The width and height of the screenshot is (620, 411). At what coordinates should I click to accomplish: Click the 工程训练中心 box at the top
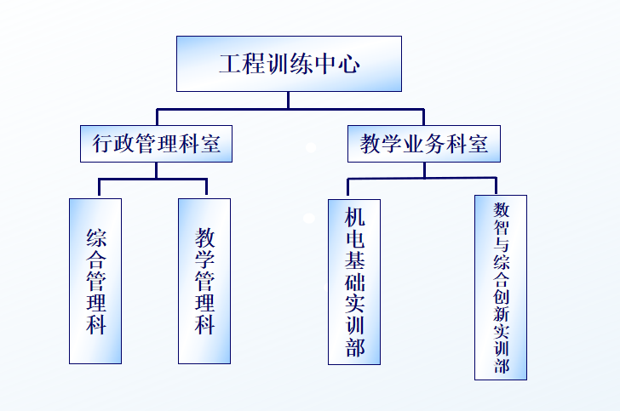point(289,64)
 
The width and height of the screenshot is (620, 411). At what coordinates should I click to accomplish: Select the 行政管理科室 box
point(157,145)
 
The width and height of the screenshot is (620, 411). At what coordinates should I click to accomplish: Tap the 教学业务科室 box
point(424,145)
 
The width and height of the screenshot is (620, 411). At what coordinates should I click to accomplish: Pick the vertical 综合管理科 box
point(95,281)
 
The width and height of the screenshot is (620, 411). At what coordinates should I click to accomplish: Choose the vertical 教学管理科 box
point(204,281)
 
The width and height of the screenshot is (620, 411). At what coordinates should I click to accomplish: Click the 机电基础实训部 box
point(354,282)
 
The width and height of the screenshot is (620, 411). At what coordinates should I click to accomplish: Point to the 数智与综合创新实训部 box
point(501,287)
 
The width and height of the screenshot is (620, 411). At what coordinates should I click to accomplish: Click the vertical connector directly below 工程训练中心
point(288,100)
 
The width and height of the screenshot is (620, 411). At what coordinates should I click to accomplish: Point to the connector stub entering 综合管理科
point(99,188)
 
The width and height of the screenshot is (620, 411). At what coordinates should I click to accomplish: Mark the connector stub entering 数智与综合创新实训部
point(496,186)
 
